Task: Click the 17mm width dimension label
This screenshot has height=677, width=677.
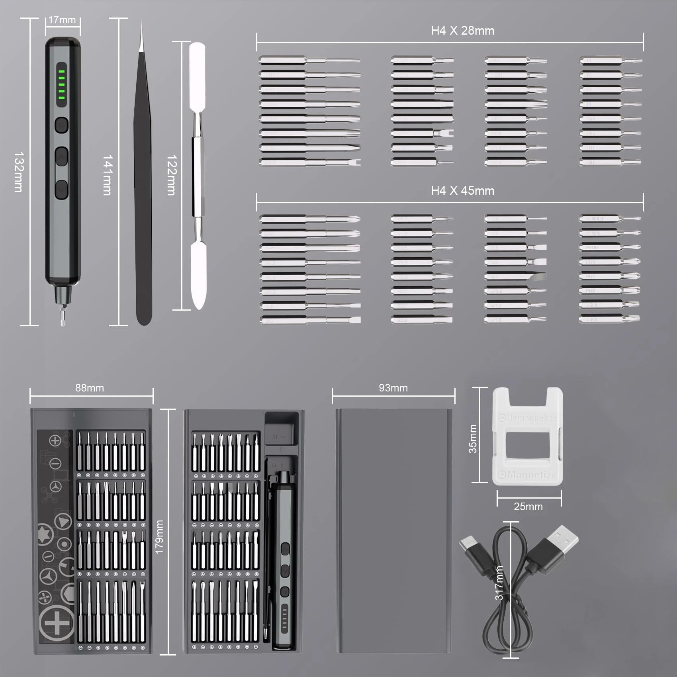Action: coord(62,20)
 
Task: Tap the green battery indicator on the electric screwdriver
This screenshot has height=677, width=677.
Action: coord(61,84)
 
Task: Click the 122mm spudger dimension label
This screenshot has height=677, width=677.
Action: coord(171,175)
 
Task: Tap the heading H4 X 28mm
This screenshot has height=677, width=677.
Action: coord(462,31)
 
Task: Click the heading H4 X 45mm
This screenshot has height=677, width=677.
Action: coord(462,191)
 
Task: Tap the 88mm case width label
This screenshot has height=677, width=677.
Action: coord(90,388)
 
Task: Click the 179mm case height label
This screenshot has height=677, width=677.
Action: coord(159,536)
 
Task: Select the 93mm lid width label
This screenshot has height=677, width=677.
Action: coord(393,388)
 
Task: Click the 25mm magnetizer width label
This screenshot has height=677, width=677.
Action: coord(528,507)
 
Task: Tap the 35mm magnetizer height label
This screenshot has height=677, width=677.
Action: coord(473,438)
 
